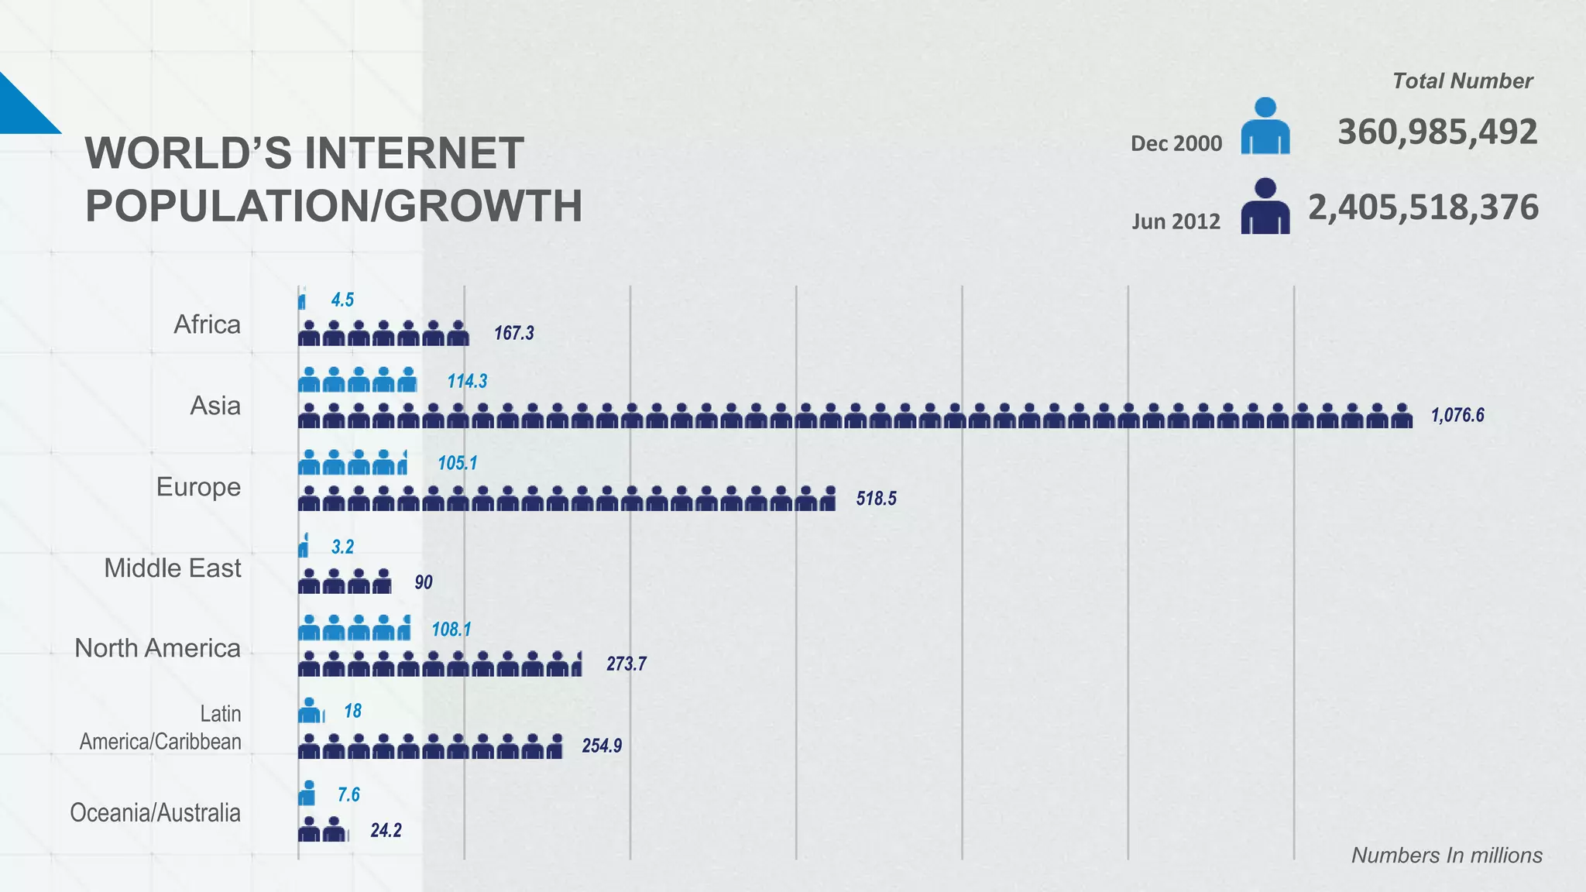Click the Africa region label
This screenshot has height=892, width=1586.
207,324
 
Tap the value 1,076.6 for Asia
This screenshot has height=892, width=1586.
1457,416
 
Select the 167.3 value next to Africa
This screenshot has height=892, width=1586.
513,334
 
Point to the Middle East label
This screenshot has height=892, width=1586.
173,568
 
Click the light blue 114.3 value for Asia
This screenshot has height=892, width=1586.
467,382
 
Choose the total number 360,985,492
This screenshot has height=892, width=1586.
1437,132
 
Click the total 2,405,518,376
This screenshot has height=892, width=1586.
1423,208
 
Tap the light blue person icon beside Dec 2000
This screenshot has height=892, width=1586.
1265,126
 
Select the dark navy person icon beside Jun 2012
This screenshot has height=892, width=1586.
1265,207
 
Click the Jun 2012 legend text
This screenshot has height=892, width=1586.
1176,222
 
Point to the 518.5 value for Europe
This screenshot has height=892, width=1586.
876,499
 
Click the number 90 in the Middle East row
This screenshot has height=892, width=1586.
423,582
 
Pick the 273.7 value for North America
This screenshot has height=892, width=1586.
626,664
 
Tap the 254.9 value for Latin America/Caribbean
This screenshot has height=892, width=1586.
602,746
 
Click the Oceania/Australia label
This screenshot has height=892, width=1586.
155,813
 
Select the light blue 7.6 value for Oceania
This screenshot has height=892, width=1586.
348,795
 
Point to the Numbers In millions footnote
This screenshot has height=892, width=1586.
1446,856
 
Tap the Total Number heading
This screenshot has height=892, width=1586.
1461,81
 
